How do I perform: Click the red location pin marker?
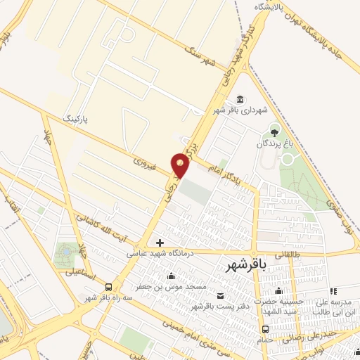(181, 165)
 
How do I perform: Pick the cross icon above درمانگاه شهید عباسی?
(160, 243)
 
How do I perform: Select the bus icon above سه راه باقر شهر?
(108, 287)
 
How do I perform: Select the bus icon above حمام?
(264, 329)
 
